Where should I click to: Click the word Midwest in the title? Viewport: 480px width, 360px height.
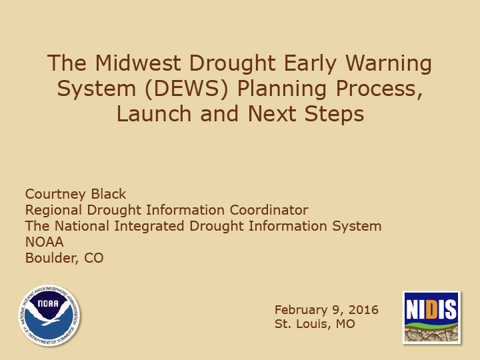(x=137, y=64)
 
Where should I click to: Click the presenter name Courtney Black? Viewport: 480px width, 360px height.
(x=75, y=194)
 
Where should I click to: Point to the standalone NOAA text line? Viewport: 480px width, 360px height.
(x=44, y=242)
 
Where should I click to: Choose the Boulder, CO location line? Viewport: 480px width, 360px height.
(x=64, y=258)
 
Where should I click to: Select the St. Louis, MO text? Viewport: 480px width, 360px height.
(x=315, y=325)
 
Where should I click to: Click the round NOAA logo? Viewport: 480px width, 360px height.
(x=50, y=315)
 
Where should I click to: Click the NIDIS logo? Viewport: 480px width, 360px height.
(x=431, y=317)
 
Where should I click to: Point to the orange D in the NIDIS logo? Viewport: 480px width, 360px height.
(x=431, y=309)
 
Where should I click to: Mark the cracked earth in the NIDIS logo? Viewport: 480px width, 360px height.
(x=431, y=333)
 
